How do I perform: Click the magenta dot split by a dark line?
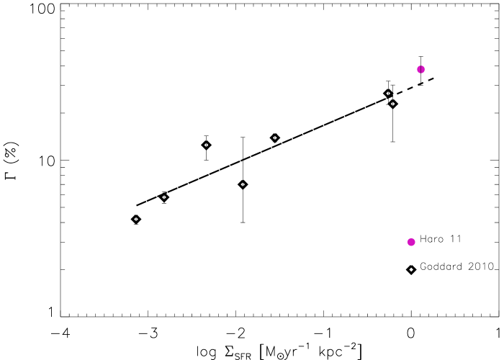[x=420, y=69]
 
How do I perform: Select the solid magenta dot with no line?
[x=411, y=242]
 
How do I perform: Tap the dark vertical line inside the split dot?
[x=420, y=69]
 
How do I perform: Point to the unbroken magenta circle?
[x=411, y=242]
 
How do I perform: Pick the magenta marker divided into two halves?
[x=420, y=69]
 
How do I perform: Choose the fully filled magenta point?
[x=411, y=242]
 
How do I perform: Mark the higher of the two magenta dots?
[x=420, y=69]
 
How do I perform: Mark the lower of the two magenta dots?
[x=411, y=242]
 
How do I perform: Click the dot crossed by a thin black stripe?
[x=420, y=69]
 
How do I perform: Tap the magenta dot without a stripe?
[x=411, y=242]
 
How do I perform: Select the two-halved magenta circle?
[x=420, y=69]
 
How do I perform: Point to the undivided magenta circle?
[x=411, y=242]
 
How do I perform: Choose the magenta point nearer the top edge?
[x=420, y=69]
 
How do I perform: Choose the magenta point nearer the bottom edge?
[x=411, y=242]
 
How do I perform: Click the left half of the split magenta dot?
[x=418, y=69]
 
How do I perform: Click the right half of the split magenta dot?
[x=423, y=69]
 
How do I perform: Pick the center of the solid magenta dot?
[x=411, y=242]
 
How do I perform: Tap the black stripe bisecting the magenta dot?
[x=420, y=69]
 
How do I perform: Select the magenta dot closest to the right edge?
[x=420, y=69]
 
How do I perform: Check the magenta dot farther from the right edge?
[x=411, y=242]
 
